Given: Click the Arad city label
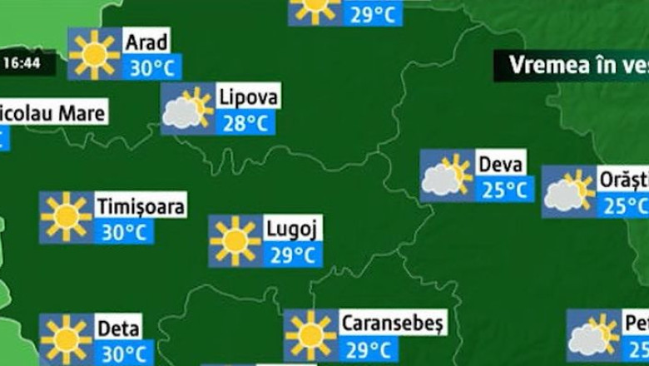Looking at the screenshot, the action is [x=146, y=41].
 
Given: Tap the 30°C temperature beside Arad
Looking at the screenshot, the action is [x=152, y=67].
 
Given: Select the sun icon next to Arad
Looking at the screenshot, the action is [x=95, y=54].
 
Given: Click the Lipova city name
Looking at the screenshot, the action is [x=247, y=96].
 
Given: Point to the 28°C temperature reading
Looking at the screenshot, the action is [x=245, y=123].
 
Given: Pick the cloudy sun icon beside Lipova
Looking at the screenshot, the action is [x=187, y=109].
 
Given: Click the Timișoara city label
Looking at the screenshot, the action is [x=141, y=205].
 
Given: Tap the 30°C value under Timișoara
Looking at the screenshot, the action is [x=125, y=232].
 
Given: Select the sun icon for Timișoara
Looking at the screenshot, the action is [x=67, y=218].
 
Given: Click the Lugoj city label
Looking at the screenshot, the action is [x=293, y=228].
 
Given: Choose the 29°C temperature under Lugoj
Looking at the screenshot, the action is [x=293, y=255].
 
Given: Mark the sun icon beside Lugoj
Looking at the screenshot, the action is [x=235, y=241].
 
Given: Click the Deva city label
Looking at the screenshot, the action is [x=501, y=163].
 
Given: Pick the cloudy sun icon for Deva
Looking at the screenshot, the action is [x=447, y=176].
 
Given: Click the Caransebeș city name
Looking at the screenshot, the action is [x=393, y=322].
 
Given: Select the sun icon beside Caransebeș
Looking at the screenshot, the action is [x=310, y=336].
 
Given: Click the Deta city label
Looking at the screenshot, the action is [x=118, y=327].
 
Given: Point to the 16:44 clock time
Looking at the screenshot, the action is [x=22, y=63].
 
